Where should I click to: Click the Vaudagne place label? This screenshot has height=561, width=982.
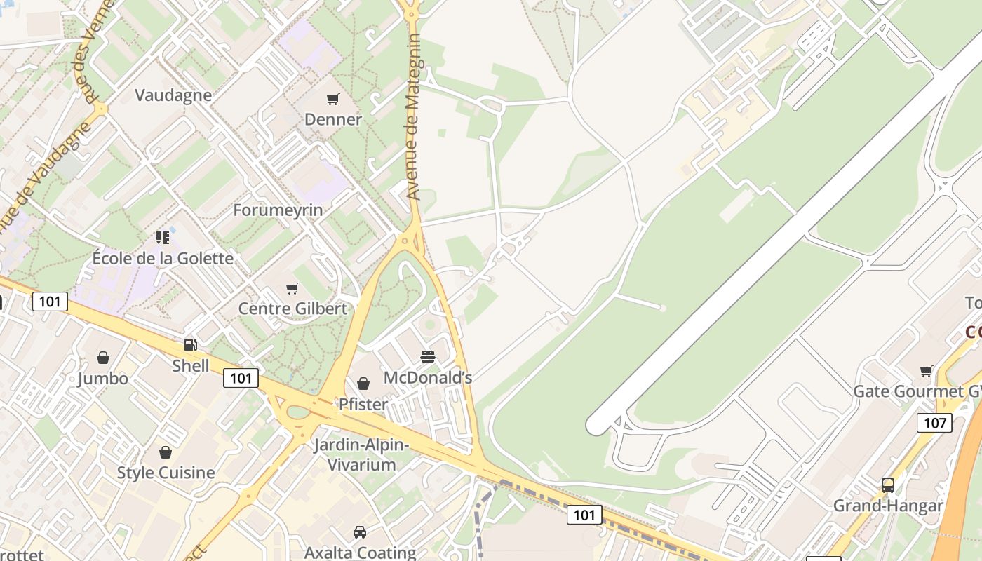[x=173, y=95]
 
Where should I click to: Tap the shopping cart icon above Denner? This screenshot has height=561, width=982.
[x=333, y=100]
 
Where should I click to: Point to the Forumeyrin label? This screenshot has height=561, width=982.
[x=278, y=210]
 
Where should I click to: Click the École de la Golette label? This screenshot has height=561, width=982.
[x=163, y=258]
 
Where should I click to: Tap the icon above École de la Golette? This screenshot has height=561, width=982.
[x=163, y=238]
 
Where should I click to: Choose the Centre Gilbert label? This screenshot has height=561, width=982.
[x=292, y=309]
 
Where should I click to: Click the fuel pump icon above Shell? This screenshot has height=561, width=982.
[x=190, y=345]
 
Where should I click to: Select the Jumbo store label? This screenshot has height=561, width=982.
[x=103, y=379]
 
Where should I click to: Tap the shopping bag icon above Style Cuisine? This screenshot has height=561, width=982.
[x=166, y=452]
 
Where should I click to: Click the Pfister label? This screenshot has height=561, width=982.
[x=363, y=404]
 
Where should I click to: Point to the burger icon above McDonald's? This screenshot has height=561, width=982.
[x=428, y=357]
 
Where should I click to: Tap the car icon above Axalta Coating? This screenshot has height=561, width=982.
[x=360, y=532]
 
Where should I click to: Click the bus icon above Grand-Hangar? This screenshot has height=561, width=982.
[x=888, y=485]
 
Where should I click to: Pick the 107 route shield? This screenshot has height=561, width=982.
[x=934, y=423]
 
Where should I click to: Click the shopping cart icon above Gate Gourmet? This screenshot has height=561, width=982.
[x=927, y=371]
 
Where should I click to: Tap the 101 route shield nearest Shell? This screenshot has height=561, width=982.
[x=241, y=378]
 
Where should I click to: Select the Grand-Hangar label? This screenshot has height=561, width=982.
[x=888, y=506]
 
